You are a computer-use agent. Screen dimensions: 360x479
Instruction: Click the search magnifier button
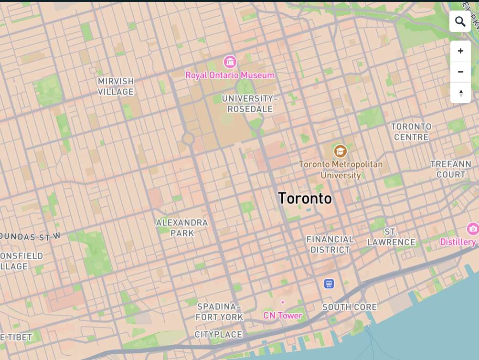[460, 21]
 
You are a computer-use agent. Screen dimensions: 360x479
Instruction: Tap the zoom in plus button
[460, 51]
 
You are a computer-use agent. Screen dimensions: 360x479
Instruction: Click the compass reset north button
[460, 93]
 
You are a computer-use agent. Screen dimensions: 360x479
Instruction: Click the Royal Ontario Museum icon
[230, 62]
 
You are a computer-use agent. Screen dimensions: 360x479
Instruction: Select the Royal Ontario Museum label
[230, 75]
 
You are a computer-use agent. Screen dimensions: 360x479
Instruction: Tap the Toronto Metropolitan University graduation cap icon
[340, 151]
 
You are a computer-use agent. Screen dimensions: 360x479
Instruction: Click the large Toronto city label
[305, 198]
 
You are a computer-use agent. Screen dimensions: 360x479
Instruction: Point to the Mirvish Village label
[116, 86]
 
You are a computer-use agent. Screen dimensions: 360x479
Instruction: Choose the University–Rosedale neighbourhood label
[249, 104]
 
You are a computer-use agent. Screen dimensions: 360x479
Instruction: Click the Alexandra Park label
[182, 228]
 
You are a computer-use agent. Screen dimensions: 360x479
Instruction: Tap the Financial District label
[330, 244]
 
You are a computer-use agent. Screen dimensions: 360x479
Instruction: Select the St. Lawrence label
[391, 237]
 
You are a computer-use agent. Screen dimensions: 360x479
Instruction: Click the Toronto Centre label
[411, 132]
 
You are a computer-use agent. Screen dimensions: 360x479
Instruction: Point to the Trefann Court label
[451, 169]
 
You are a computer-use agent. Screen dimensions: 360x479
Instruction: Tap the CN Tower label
[283, 316]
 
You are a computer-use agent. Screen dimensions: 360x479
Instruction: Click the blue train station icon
[329, 284]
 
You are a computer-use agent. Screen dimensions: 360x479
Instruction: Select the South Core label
[350, 307]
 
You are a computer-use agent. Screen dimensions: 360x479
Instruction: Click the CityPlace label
[219, 335]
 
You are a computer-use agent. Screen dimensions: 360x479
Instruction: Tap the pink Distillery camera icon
[473, 229]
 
